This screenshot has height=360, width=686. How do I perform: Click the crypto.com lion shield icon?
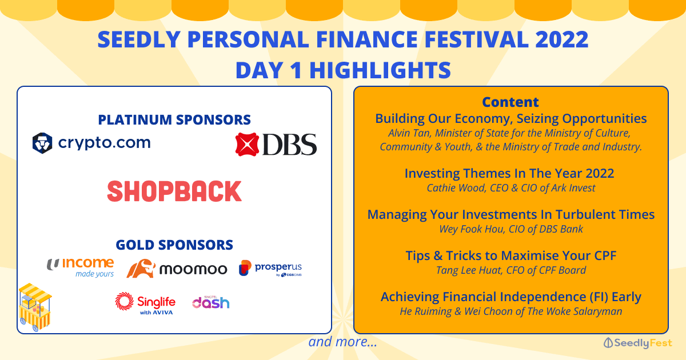click(x=42, y=143)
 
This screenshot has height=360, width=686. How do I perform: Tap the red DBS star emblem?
click(x=247, y=145)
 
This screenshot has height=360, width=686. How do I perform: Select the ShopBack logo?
click(x=174, y=191)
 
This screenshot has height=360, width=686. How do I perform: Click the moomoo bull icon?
click(x=141, y=269)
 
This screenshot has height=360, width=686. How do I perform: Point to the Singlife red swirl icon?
click(x=125, y=301)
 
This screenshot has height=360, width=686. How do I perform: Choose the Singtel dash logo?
click(x=211, y=302)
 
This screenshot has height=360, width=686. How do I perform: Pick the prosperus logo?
click(x=270, y=268)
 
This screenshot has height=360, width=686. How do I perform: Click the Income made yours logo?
click(x=80, y=267)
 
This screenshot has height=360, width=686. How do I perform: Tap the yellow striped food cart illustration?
click(x=35, y=307)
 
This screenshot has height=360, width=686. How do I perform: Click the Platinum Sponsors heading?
click(x=174, y=119)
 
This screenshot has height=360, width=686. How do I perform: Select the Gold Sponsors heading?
click(x=174, y=245)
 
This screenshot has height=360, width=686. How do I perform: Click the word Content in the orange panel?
click(x=510, y=102)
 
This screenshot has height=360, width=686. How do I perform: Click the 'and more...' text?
click(x=342, y=342)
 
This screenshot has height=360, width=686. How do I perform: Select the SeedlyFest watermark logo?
click(x=637, y=343)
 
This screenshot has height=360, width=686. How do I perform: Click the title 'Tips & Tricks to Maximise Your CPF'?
click(x=511, y=255)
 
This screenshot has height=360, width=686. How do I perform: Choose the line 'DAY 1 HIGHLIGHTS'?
click(x=343, y=70)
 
